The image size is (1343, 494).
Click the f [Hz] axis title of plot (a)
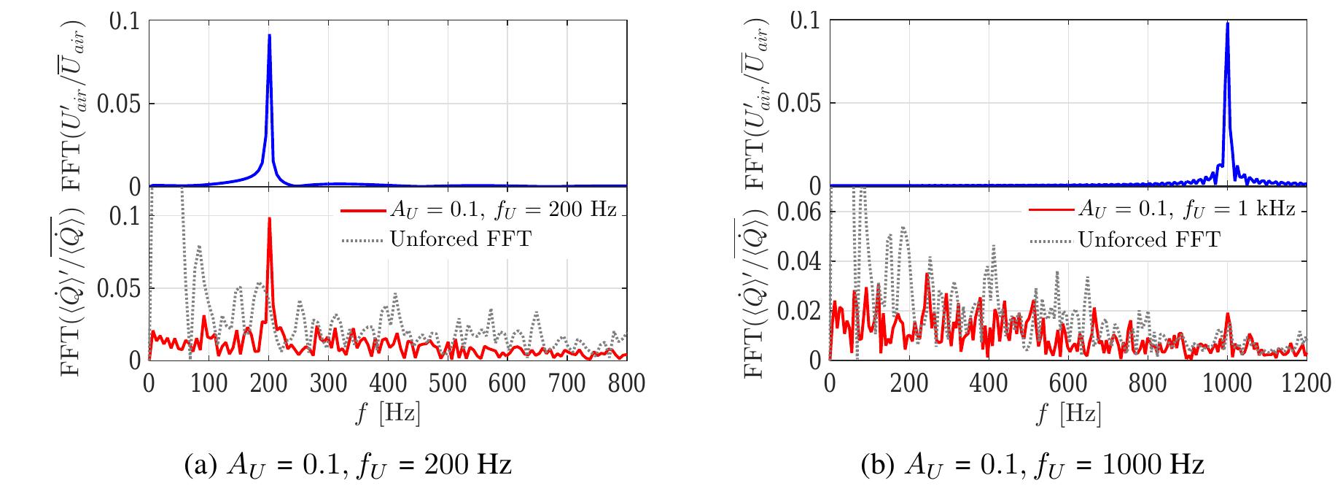tap(388, 414)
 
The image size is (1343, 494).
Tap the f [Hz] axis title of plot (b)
tap(1068, 414)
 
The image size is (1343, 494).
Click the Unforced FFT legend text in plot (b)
tap(1148, 239)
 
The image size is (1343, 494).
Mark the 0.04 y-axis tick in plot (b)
tap(798, 262)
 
